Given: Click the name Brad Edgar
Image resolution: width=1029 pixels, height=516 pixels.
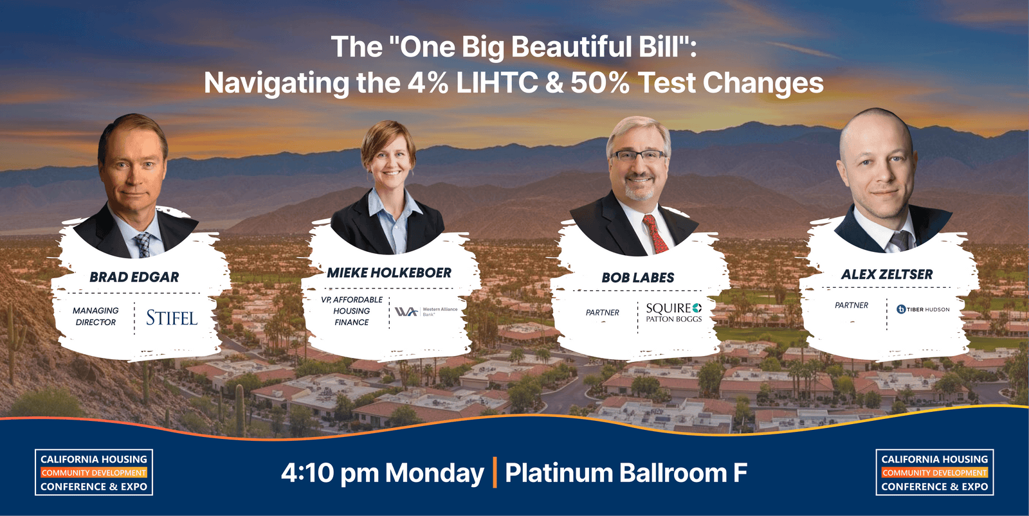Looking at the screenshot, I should [134, 277].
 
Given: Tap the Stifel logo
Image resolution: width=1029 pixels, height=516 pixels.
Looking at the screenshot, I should [171, 317].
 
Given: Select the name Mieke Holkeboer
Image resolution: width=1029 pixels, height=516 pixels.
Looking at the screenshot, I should [389, 273].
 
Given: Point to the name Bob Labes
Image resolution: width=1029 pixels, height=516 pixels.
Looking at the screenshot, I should [638, 278].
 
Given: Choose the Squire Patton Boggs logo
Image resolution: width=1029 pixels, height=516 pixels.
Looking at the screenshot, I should [673, 312].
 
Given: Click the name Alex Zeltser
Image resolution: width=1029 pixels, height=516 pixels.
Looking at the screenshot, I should [887, 274].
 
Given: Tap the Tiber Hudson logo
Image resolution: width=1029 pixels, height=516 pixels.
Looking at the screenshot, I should [923, 309].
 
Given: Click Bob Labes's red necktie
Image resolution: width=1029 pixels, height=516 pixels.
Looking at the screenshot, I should [655, 235].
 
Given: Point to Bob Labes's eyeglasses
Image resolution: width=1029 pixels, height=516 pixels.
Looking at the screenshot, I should [639, 155].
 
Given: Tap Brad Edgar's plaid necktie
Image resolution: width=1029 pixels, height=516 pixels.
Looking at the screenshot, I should [143, 244].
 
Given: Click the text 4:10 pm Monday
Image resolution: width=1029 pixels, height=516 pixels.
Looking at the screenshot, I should [382, 474].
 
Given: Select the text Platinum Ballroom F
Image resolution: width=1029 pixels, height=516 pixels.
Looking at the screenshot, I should [626, 474].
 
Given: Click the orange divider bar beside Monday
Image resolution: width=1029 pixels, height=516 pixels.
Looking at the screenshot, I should [495, 473].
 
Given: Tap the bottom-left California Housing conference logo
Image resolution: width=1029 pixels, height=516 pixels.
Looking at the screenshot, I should [94, 472].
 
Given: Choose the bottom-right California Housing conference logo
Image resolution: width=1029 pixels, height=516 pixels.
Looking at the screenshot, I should [934, 472].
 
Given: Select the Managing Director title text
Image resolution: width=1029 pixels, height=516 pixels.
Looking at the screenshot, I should [96, 316].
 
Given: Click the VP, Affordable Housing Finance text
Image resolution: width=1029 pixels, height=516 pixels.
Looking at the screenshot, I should [352, 311].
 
